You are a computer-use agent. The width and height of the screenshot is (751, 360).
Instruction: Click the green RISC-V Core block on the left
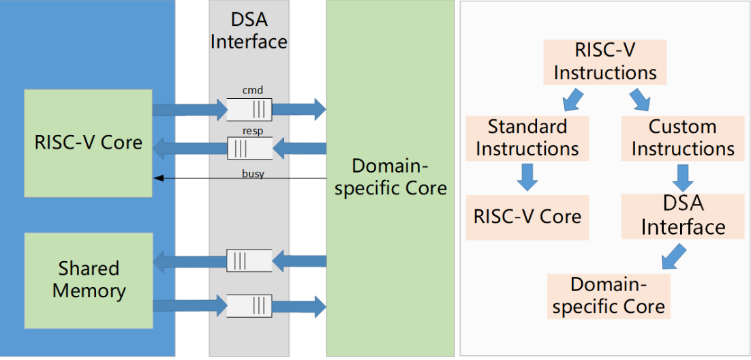point(89,142)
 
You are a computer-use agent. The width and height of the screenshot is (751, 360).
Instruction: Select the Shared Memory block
point(89,279)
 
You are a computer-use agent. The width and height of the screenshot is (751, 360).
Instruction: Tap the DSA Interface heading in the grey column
point(249,31)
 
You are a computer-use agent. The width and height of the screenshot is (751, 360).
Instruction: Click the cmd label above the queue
point(252,90)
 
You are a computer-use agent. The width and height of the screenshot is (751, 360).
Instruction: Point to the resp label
point(252,131)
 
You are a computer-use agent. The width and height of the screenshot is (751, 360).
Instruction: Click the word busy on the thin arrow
point(253,173)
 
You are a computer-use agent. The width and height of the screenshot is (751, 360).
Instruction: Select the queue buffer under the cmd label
point(249,108)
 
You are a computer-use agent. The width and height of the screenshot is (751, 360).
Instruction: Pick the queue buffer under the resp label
point(249,148)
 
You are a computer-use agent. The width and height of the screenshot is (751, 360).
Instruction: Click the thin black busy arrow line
point(204,179)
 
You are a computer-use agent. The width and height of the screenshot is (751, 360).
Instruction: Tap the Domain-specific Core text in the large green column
point(390,177)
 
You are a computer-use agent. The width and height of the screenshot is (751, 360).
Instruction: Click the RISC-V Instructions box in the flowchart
point(604,61)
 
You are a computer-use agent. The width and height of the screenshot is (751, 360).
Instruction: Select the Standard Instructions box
point(527,138)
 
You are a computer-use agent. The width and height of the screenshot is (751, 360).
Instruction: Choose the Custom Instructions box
point(682,138)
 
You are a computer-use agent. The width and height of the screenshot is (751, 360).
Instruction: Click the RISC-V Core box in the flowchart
point(527,217)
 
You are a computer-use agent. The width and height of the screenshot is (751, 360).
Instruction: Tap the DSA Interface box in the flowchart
point(682,215)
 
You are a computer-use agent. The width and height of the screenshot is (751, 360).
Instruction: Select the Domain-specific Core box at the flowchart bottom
point(609,296)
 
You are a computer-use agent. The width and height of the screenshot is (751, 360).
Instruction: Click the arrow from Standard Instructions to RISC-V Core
point(527,177)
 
